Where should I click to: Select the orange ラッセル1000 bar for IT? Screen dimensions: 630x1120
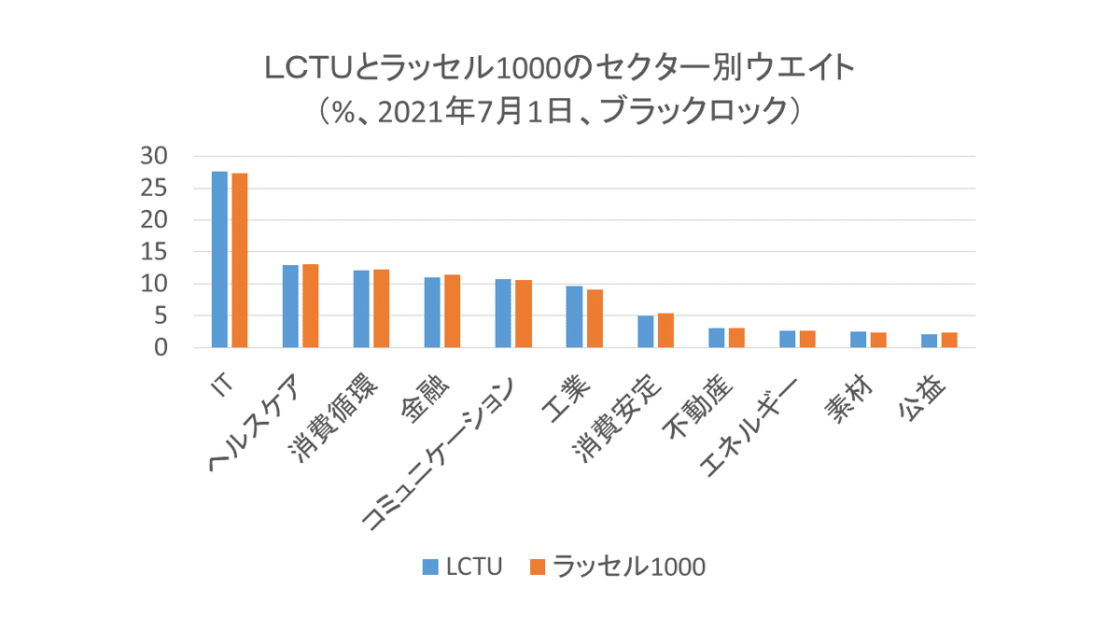pos(240,260)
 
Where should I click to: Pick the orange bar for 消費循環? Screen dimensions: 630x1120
pos(381,309)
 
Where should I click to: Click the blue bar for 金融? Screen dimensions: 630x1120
pos(432,313)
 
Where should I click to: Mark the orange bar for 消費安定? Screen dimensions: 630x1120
pos(665,330)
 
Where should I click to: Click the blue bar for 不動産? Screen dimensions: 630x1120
pos(716,338)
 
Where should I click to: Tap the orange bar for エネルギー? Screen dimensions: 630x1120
pos(807,339)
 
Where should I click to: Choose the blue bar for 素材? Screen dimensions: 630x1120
pos(858,340)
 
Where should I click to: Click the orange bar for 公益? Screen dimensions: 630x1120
pos(949,340)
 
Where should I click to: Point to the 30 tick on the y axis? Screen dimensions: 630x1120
pos(153,157)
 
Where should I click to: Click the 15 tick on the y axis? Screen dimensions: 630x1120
pos(153,252)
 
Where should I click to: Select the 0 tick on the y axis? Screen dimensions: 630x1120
pos(160,348)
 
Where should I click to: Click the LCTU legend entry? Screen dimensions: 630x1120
pos(463,567)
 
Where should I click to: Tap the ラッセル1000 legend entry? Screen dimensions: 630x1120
pos(617,567)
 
